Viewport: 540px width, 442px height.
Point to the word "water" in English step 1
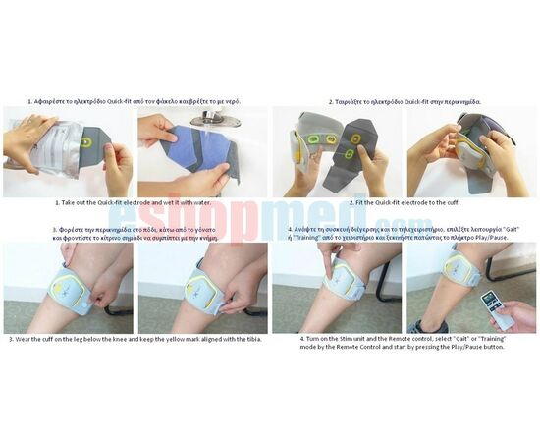[199, 203]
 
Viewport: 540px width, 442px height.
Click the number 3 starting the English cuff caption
[11, 339]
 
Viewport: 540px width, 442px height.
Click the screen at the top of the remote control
[492, 296]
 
